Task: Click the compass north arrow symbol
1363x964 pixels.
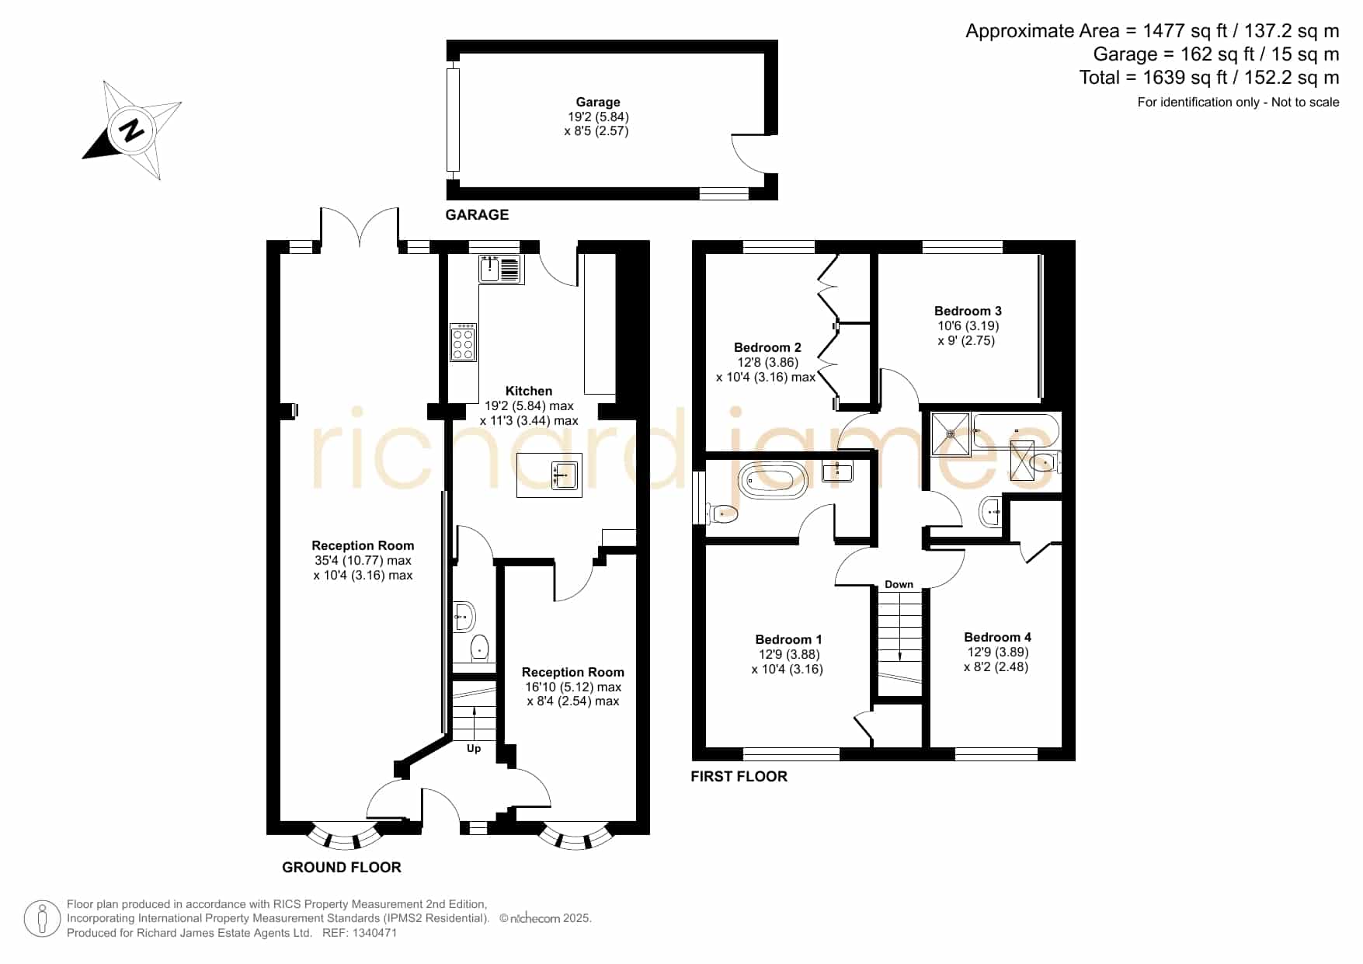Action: pyautogui.click(x=131, y=130)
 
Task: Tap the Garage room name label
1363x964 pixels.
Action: pyautogui.click(x=598, y=102)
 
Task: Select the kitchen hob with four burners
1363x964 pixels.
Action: pyautogui.click(x=463, y=343)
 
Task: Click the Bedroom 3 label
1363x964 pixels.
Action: pyautogui.click(x=968, y=311)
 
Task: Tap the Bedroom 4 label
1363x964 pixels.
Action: pyautogui.click(x=997, y=637)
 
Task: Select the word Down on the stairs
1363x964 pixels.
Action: pyautogui.click(x=899, y=584)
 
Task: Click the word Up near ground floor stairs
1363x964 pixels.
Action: pyautogui.click(x=474, y=749)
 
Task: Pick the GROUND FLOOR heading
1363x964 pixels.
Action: pyautogui.click(x=342, y=867)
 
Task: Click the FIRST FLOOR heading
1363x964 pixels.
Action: pyautogui.click(x=739, y=776)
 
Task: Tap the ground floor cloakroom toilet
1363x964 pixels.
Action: pyautogui.click(x=480, y=646)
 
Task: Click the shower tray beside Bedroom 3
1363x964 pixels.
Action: pyautogui.click(x=951, y=434)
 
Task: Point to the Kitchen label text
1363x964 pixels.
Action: pyautogui.click(x=529, y=391)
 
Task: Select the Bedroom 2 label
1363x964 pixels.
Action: pyautogui.click(x=767, y=347)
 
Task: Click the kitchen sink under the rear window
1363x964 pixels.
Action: pyautogui.click(x=501, y=269)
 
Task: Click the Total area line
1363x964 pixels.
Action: pyautogui.click(x=1209, y=78)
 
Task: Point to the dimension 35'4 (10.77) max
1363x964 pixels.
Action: pyautogui.click(x=363, y=560)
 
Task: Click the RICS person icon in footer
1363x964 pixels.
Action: pyautogui.click(x=42, y=919)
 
